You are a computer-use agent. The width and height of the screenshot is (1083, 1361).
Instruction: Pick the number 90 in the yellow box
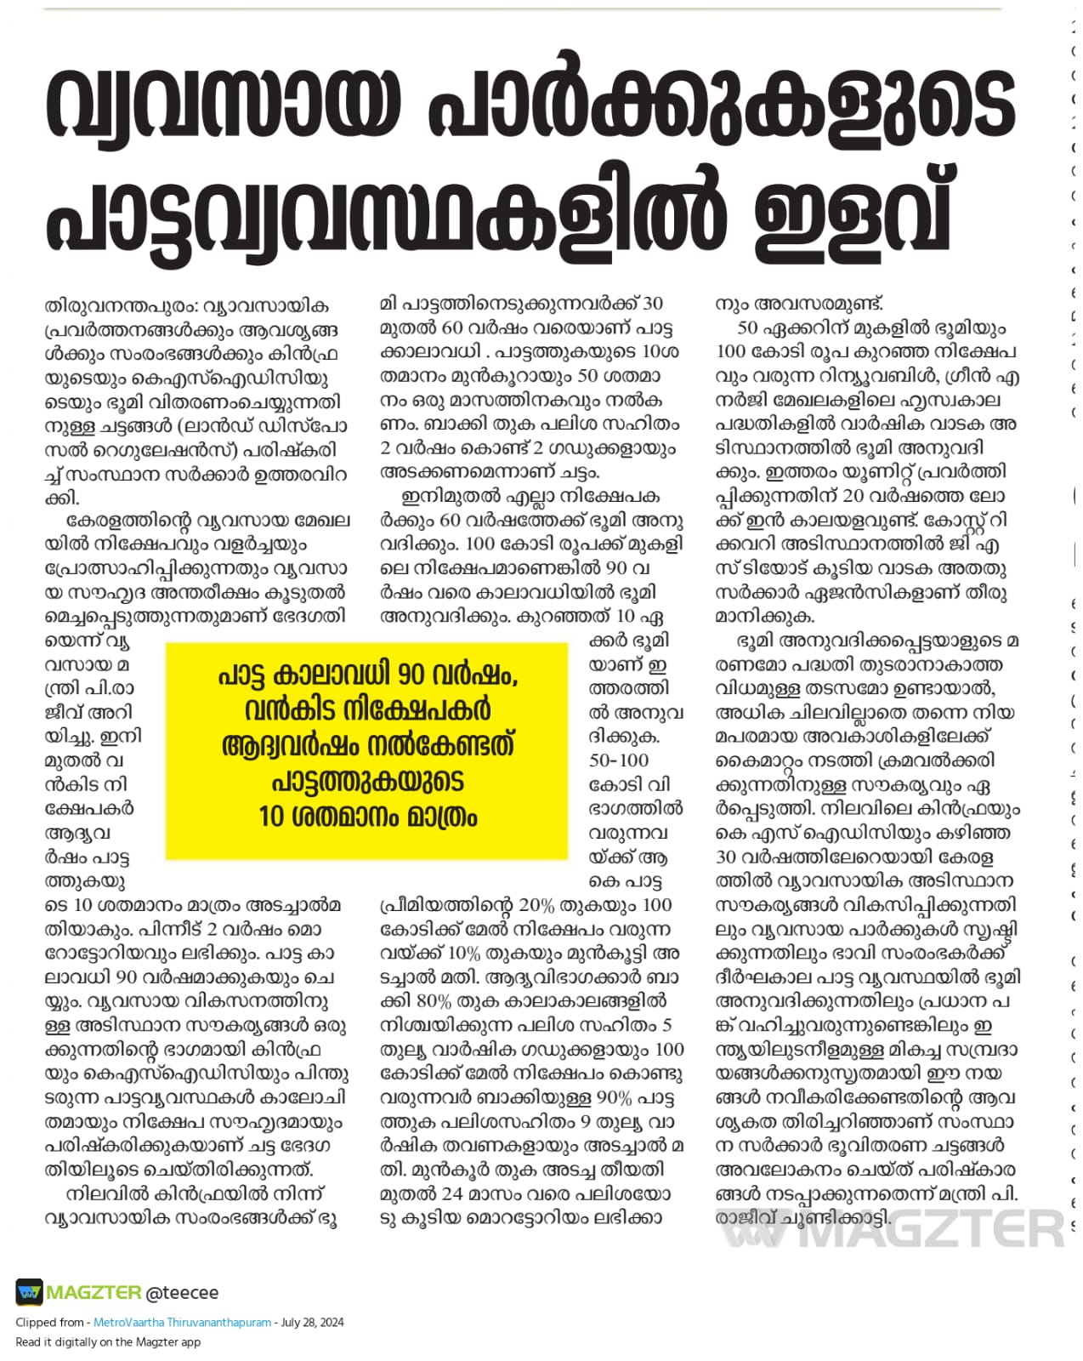pos(411,675)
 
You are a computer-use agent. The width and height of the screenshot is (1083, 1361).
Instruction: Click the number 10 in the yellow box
pos(272,817)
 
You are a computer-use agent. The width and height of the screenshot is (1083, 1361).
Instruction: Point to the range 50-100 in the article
pos(618,760)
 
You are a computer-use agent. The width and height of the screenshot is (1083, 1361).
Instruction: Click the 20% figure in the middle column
pos(536,905)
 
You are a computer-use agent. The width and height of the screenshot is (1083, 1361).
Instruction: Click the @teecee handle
pos(182,1293)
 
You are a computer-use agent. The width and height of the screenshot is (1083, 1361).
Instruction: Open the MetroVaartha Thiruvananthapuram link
pos(182,1323)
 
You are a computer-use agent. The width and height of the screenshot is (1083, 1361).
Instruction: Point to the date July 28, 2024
pos(312,1323)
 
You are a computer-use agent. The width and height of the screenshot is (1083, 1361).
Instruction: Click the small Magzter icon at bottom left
pos(28,1293)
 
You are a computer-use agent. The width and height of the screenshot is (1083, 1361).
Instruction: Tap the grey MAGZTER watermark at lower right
pos(893,1228)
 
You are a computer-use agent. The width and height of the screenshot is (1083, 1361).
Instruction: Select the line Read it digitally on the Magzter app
pos(108,1342)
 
